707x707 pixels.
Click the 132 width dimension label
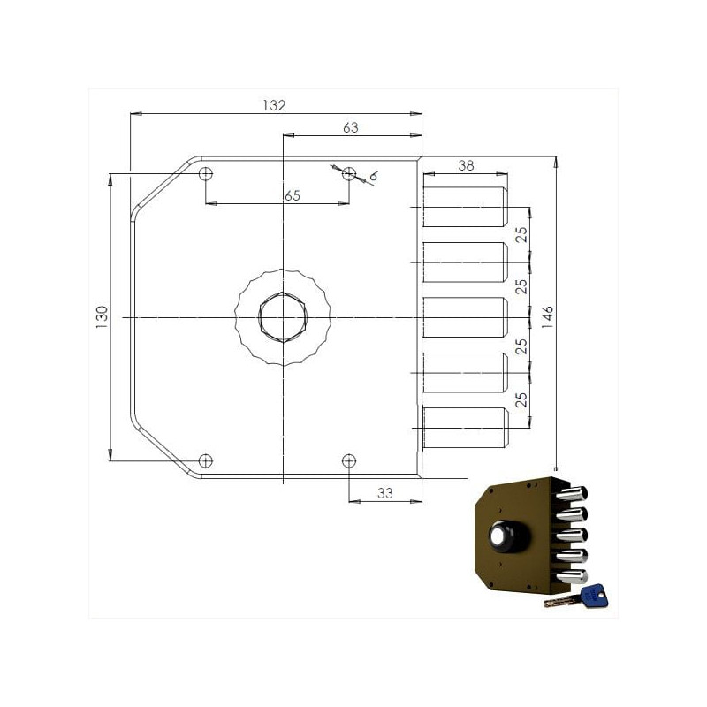pos(275,105)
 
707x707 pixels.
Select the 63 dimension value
pos(350,128)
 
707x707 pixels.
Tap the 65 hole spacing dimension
pos(292,195)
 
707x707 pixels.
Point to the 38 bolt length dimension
pos(466,165)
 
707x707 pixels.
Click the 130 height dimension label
pos(102,316)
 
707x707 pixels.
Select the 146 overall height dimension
pos(547,316)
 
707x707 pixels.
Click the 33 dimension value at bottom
pos(384,493)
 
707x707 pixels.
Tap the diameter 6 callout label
pos(373,177)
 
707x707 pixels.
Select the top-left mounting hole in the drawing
pos(206,174)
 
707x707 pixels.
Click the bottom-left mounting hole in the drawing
pos(206,459)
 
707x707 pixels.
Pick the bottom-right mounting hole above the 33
pos(349,460)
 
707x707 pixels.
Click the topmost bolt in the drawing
pos(465,207)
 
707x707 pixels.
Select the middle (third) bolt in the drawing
pos(465,317)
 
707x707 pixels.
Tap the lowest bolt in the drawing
pos(465,428)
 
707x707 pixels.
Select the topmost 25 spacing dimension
pos(521,234)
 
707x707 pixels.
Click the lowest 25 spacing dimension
pos(521,399)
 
